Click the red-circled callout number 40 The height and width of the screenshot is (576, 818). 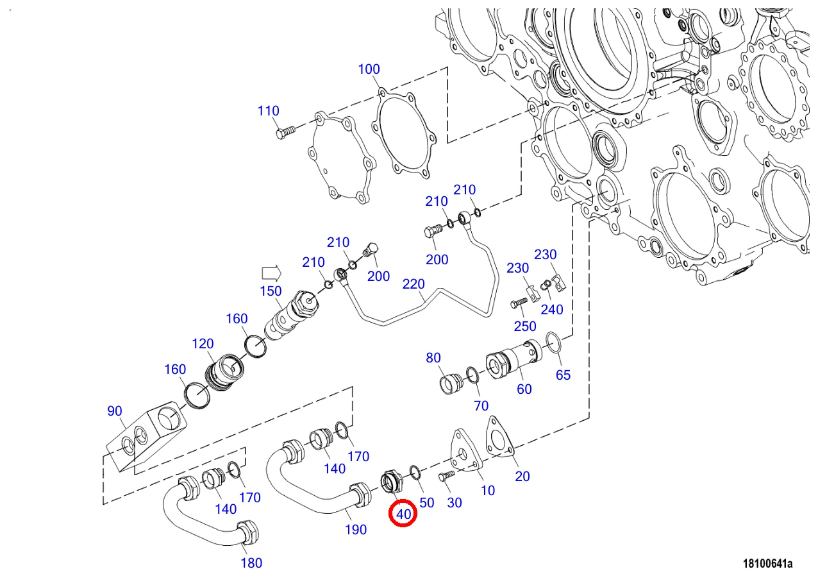403,514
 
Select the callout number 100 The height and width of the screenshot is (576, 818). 369,69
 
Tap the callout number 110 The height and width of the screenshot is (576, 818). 269,111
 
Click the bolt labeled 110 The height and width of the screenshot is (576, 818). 285,132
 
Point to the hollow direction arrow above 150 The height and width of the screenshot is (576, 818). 271,273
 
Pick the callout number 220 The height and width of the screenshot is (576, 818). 413,284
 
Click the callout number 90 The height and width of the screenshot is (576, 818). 114,411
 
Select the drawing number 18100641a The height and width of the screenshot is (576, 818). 767,563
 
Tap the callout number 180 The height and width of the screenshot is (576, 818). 251,563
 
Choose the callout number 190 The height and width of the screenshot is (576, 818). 356,530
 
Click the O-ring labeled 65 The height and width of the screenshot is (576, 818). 554,343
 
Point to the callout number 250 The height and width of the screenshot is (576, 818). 525,326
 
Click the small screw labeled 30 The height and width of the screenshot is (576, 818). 447,475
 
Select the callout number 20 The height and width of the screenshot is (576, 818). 522,476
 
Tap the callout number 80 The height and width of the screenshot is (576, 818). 433,358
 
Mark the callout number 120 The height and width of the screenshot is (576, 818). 203,344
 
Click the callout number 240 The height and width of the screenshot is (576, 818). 552,310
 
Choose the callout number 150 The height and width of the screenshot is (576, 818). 271,291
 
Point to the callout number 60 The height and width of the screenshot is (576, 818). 524,389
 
